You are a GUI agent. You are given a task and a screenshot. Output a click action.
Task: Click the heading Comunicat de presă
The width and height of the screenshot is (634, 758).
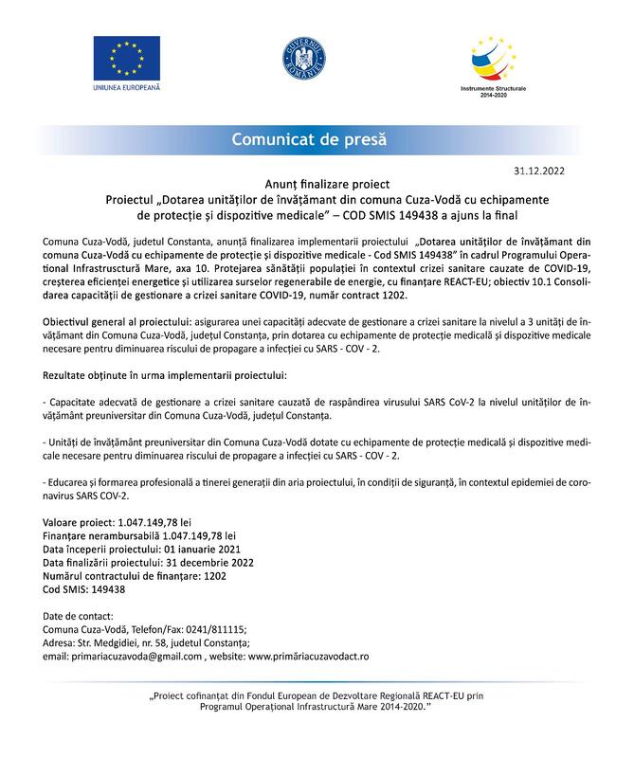[310, 139]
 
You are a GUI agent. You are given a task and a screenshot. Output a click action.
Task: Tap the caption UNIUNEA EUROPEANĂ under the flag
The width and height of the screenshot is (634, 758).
[128, 88]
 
